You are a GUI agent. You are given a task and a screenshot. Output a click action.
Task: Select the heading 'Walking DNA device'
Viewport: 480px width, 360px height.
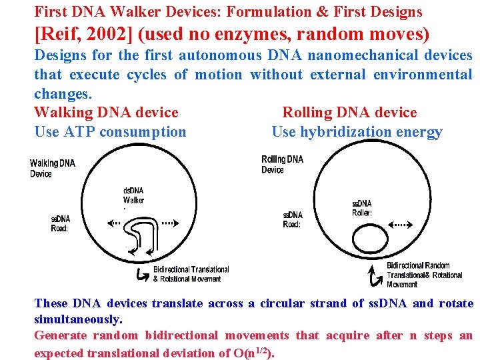coord(106,112)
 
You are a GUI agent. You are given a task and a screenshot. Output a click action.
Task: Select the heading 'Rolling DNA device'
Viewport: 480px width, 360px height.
coord(349,112)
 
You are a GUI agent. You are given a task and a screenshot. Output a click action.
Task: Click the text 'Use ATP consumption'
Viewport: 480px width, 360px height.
coord(110,131)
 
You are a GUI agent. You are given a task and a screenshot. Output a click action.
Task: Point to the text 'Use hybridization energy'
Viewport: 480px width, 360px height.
coord(357,131)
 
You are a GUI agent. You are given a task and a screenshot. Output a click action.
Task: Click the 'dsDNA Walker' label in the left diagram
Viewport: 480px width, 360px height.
coord(133,195)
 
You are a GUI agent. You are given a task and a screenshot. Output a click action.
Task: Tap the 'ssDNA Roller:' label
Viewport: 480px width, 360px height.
coord(362,208)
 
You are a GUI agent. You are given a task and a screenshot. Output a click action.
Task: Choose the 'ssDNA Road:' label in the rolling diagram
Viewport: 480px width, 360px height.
coord(292,219)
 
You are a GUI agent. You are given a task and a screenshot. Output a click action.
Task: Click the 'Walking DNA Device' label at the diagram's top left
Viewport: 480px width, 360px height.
coord(53,168)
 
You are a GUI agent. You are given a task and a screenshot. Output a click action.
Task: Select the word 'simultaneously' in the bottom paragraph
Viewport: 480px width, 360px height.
coord(78,319)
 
